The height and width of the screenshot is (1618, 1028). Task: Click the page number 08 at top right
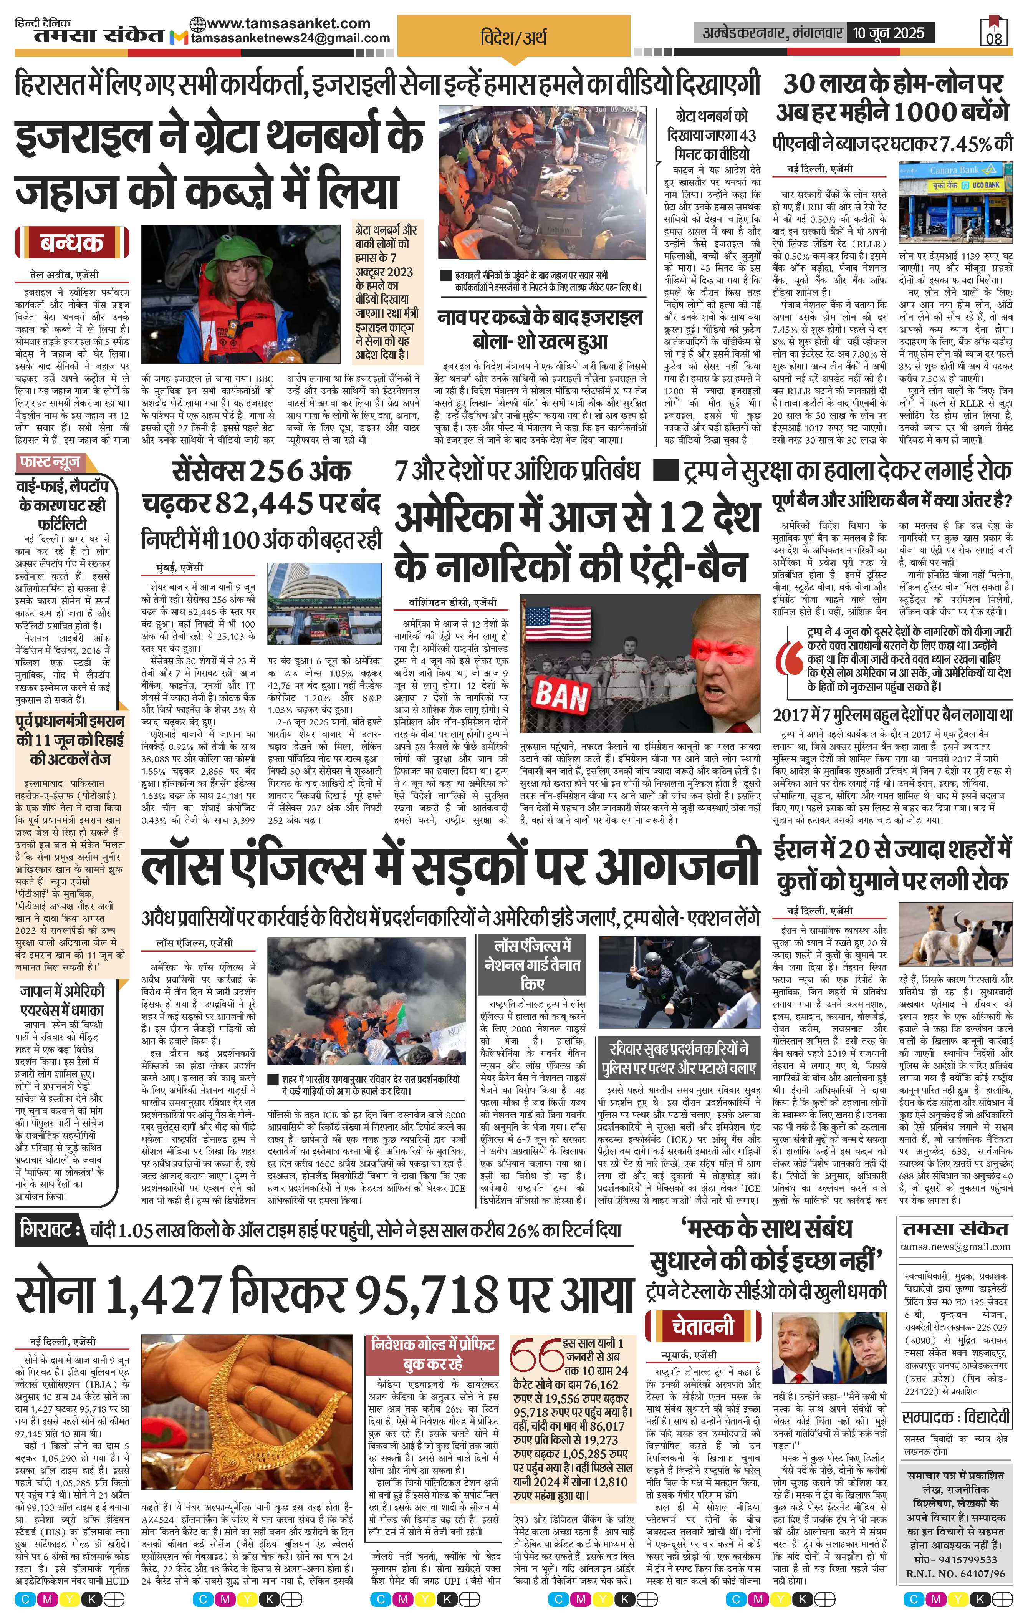[x=995, y=38]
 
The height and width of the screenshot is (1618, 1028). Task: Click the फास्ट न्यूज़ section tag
[x=52, y=463]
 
